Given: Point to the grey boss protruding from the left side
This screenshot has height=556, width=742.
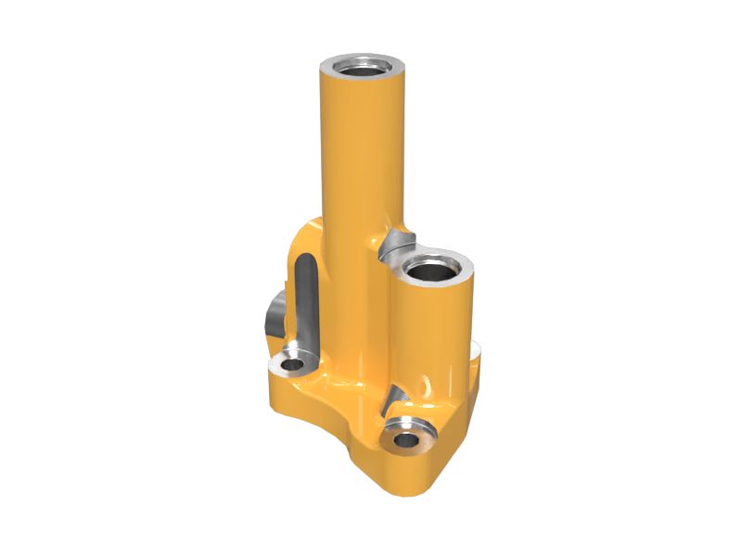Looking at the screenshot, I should coord(273,316).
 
